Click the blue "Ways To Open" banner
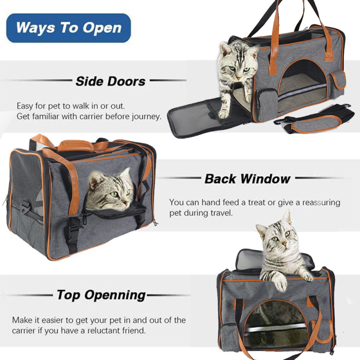(x=68, y=28)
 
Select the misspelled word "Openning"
(x=115, y=295)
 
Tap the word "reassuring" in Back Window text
(x=321, y=203)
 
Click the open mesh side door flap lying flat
(x=198, y=117)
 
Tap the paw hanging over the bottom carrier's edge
(x=280, y=283)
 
